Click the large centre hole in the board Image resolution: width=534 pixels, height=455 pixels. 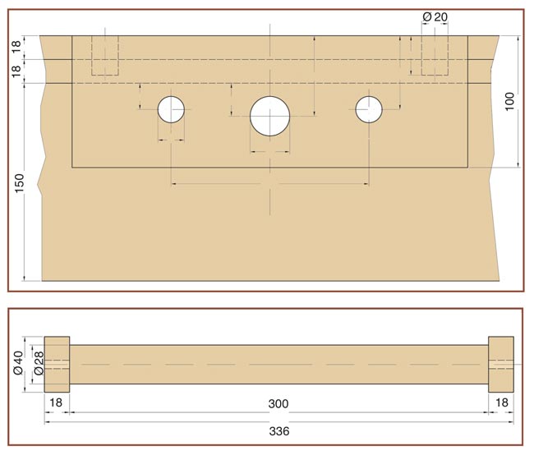(x=269, y=116)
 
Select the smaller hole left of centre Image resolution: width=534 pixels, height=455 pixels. (x=171, y=109)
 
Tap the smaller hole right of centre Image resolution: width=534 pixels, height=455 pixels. (x=369, y=109)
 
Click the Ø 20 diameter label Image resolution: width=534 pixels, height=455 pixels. (x=435, y=16)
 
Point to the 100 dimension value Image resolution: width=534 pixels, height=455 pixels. (x=509, y=101)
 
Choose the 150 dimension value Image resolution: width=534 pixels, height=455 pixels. (x=20, y=183)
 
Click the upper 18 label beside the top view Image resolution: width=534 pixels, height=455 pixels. (x=16, y=47)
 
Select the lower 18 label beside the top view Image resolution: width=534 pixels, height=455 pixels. (x=16, y=71)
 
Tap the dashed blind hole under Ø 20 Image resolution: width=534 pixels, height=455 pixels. (x=435, y=55)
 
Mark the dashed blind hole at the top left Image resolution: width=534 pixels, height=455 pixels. (x=105, y=55)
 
